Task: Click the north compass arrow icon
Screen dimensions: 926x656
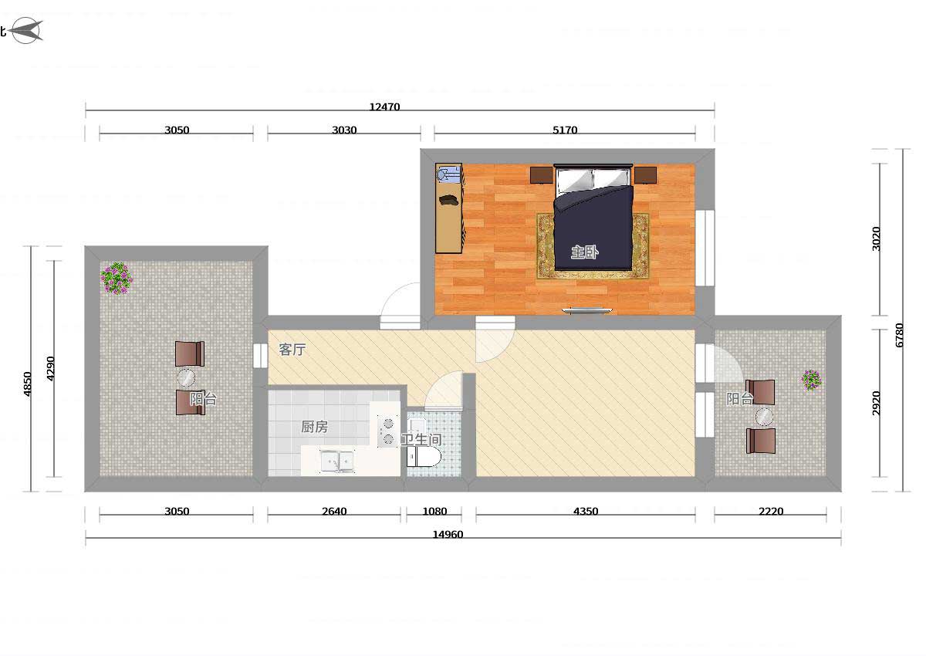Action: (x=27, y=30)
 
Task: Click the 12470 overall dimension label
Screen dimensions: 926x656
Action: (x=384, y=107)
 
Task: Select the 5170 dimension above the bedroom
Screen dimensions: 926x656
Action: (x=565, y=130)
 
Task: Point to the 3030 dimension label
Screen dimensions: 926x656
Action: (x=344, y=130)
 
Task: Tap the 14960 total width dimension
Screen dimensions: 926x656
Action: (x=448, y=535)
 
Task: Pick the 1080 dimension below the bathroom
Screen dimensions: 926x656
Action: (x=434, y=512)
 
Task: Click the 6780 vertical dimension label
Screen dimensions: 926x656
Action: (x=900, y=335)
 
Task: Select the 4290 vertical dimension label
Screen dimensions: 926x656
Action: (x=50, y=368)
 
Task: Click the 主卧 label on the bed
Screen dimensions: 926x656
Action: (x=585, y=252)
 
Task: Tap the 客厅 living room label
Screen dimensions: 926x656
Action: (x=292, y=350)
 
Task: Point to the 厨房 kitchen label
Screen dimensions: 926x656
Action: (x=315, y=427)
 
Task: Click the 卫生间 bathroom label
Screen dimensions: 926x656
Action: (x=421, y=439)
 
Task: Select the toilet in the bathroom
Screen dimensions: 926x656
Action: (x=424, y=457)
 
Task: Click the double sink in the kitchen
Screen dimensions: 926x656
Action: (x=337, y=461)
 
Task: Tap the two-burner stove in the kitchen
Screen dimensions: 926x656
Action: (x=387, y=431)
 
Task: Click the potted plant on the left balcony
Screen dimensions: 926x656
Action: (x=117, y=278)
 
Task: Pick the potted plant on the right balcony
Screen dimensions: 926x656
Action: (x=812, y=380)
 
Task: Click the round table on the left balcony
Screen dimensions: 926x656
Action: (x=186, y=378)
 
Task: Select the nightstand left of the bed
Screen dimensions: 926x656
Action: (x=542, y=175)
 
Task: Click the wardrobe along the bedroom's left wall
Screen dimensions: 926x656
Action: (x=449, y=208)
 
